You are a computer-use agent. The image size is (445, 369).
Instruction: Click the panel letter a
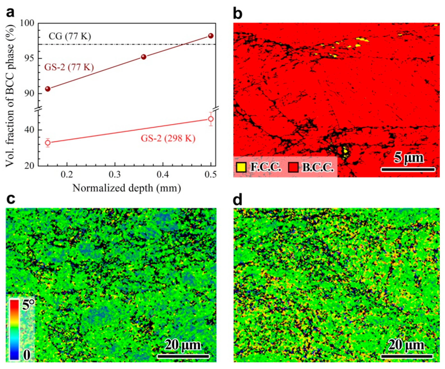coord(10,13)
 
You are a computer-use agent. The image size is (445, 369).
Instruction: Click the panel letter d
coord(237,200)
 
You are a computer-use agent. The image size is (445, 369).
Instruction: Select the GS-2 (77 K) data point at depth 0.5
coord(211,36)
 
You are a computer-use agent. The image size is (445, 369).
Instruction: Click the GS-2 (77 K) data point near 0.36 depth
coord(143,57)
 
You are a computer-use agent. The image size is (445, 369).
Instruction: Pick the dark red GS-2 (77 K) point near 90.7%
coord(48,89)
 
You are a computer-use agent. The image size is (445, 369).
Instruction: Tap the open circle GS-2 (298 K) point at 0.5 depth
coord(211,119)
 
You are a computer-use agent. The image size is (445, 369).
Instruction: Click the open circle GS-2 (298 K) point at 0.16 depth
coord(48,143)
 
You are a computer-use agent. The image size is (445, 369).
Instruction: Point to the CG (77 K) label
coord(70,36)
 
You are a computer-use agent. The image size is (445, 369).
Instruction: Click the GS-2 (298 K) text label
coord(168,138)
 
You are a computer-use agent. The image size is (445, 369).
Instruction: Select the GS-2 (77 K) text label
coord(69,67)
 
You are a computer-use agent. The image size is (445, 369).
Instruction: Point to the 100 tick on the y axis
coord(27,23)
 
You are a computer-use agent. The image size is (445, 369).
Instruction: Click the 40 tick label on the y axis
coord(29,130)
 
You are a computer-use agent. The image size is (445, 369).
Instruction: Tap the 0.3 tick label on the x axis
coord(115,174)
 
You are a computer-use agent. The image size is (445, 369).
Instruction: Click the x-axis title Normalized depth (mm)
coord(127,188)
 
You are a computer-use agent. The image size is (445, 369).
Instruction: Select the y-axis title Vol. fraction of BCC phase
coord(10,95)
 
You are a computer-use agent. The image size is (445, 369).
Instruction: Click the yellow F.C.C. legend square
coord(241,167)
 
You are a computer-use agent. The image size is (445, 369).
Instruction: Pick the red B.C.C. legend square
coord(293,167)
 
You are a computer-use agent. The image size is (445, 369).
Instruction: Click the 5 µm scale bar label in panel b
coord(408,158)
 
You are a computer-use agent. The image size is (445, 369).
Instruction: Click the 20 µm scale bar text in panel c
coord(183,345)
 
